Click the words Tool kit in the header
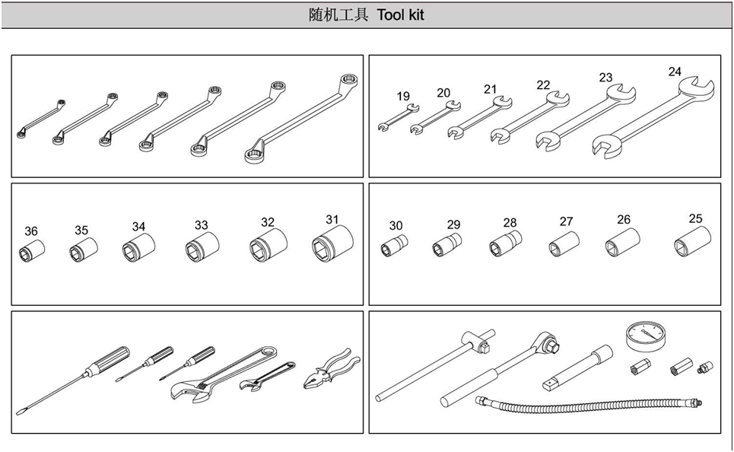401,15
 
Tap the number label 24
675,72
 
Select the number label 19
403,96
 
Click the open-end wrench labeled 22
530,116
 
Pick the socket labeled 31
333,244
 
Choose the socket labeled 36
32,250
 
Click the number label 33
202,225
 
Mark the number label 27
567,221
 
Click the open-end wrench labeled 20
435,117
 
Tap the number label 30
396,226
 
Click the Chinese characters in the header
338,15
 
